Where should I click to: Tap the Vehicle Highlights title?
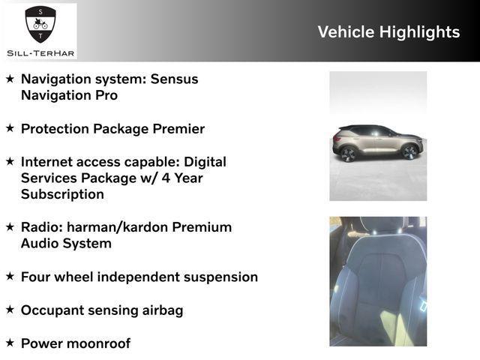point(388,31)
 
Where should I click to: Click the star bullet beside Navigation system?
point(10,78)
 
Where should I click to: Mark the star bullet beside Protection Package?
point(10,127)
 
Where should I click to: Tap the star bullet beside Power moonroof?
point(10,342)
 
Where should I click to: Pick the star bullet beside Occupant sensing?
point(10,309)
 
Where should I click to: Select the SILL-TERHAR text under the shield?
point(40,52)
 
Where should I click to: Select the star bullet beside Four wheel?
point(10,276)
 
